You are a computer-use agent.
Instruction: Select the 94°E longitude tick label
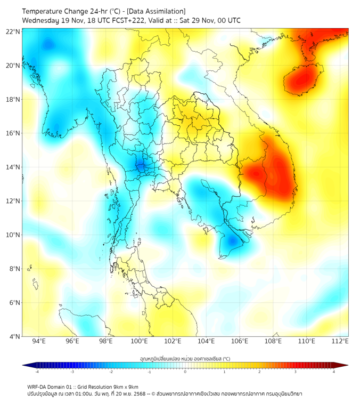click(39, 341)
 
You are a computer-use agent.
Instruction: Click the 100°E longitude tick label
click(140, 341)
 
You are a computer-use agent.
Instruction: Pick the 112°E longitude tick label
click(340, 341)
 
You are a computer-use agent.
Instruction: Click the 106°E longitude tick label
click(240, 341)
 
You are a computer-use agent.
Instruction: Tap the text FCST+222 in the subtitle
click(125, 20)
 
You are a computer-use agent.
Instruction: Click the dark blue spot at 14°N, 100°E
click(141, 166)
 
